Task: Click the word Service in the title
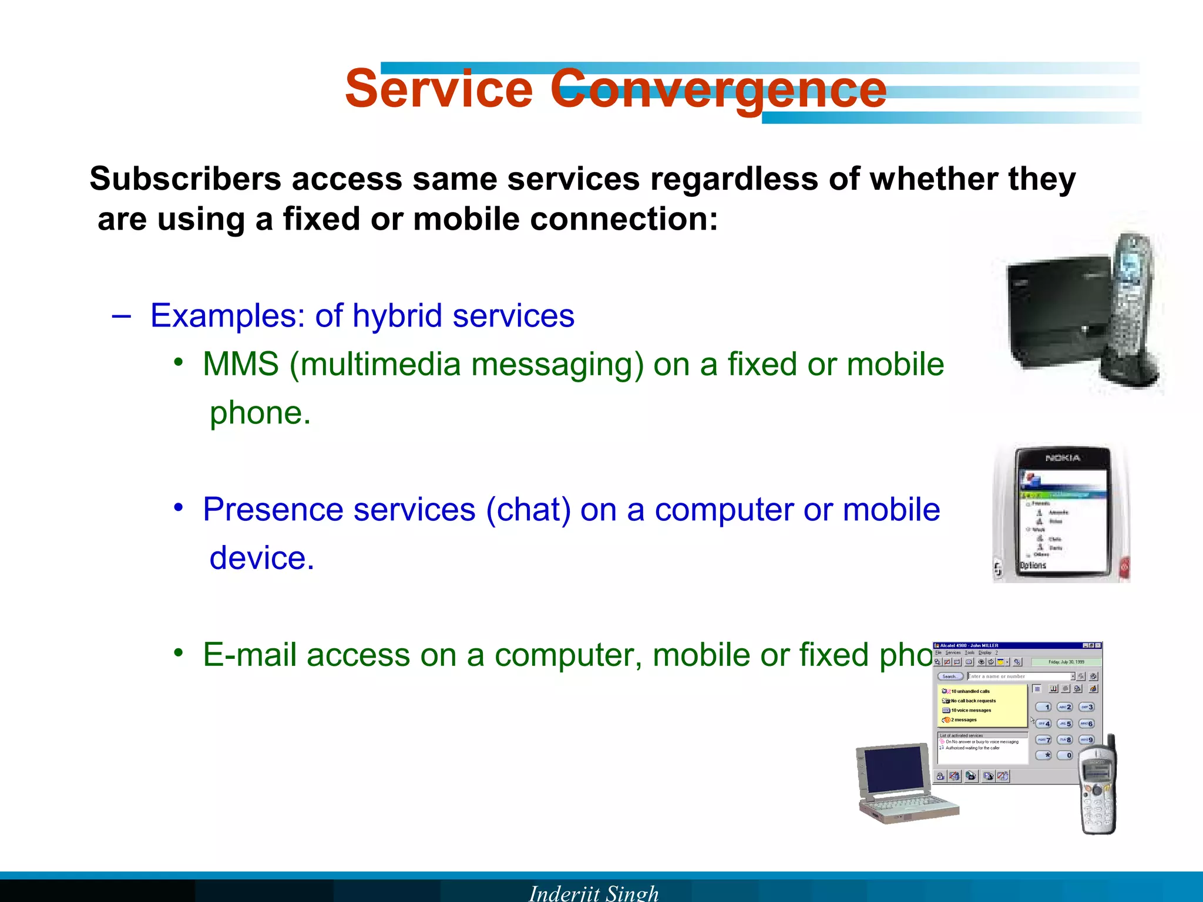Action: tap(438, 89)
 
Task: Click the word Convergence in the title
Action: tap(718, 89)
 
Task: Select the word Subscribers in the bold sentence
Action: tap(185, 179)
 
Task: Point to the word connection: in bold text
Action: tap(624, 220)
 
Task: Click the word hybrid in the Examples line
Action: tap(397, 316)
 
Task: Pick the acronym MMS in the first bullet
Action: tap(241, 364)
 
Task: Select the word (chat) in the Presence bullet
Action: tap(528, 509)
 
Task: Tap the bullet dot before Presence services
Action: tap(179, 507)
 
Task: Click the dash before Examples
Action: tap(121, 316)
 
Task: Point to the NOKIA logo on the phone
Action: tap(1063, 458)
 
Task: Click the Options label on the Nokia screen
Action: tap(1033, 566)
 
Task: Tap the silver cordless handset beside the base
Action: tap(1131, 305)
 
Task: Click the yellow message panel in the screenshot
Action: tap(982, 705)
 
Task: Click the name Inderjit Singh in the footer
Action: tap(593, 893)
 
